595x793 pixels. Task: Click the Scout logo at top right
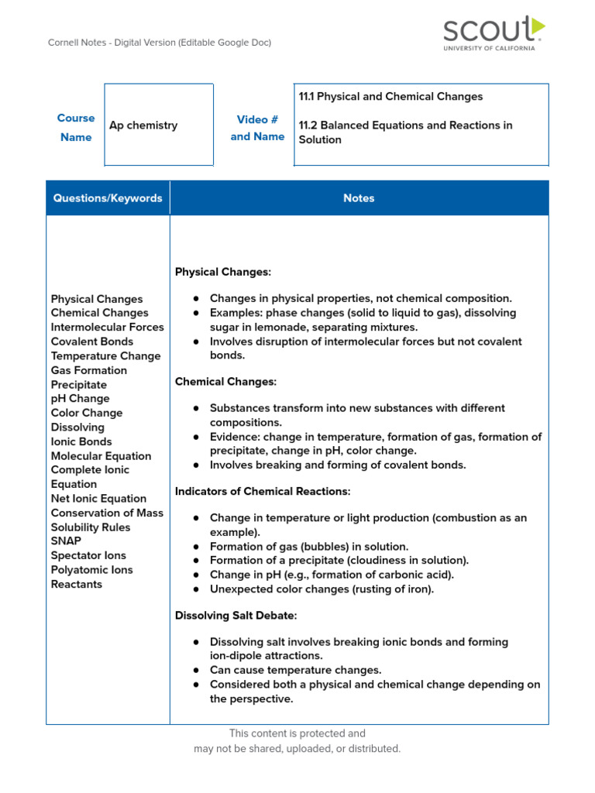(x=494, y=33)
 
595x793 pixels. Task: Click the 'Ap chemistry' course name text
(x=143, y=125)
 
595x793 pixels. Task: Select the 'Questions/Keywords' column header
(x=108, y=198)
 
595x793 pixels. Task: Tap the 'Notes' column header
(x=359, y=198)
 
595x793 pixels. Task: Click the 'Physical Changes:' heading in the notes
(x=223, y=272)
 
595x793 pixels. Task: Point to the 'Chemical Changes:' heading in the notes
(x=225, y=382)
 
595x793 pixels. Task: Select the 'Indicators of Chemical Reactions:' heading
(x=263, y=492)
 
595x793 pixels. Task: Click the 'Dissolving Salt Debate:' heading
(x=236, y=616)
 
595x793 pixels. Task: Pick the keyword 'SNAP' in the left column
(x=66, y=541)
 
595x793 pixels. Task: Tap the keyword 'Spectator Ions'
(x=88, y=555)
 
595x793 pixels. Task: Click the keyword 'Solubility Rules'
(x=91, y=527)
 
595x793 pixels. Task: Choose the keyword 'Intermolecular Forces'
(x=108, y=327)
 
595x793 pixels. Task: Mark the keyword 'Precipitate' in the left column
(x=79, y=385)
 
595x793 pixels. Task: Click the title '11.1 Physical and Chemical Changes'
(x=390, y=97)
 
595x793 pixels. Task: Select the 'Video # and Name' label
(x=257, y=128)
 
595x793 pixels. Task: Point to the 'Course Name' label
(x=76, y=128)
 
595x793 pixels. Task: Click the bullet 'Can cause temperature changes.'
(x=295, y=670)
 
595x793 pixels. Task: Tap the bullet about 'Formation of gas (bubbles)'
(x=308, y=546)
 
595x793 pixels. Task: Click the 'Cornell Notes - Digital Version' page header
(x=160, y=43)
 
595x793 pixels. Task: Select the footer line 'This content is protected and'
(x=297, y=733)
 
